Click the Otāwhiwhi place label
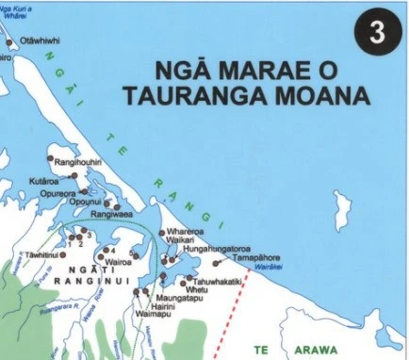click(41, 41)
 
